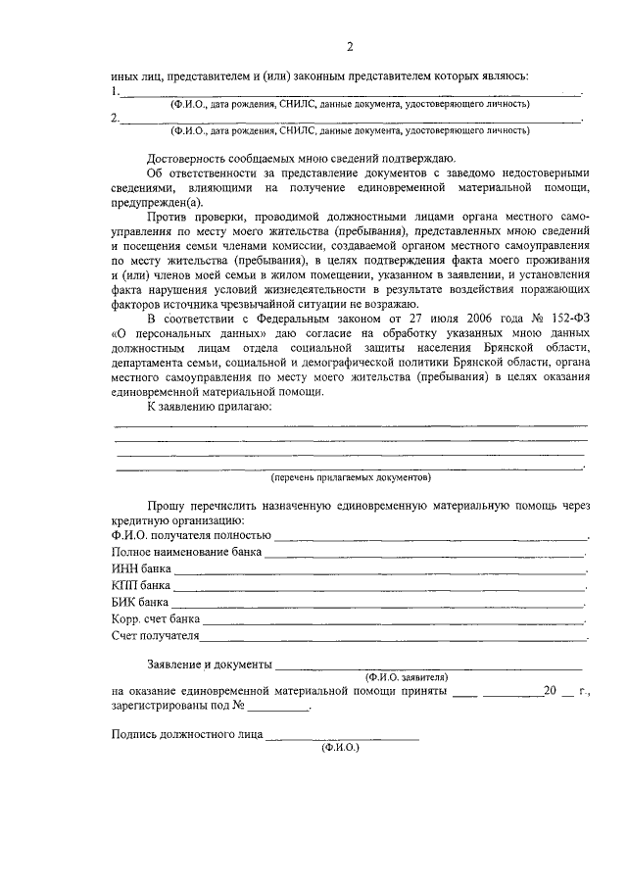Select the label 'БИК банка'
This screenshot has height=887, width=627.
[141, 602]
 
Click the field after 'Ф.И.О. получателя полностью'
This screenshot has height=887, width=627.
[431, 538]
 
